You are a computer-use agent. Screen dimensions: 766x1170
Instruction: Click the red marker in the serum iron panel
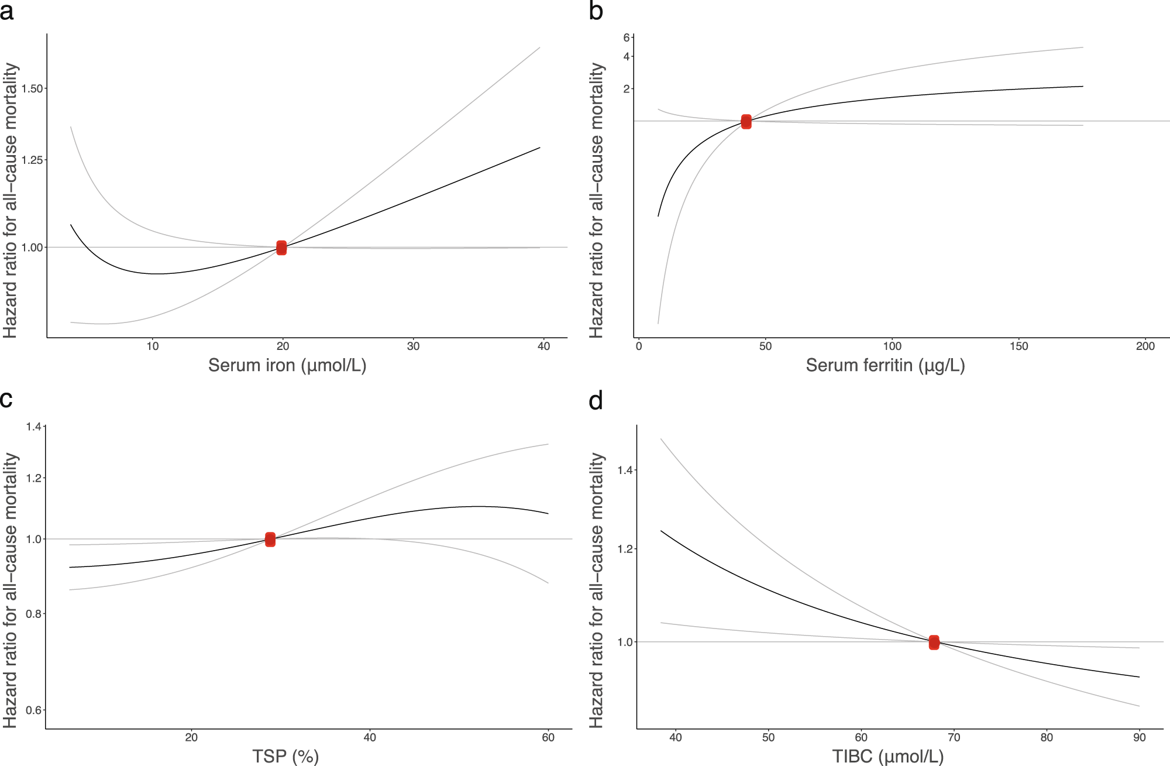click(281, 248)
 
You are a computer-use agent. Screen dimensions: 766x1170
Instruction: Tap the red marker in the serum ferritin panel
click(746, 122)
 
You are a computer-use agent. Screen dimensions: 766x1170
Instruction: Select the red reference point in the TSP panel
click(270, 539)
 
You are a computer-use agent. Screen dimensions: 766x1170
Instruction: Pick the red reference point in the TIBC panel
click(934, 642)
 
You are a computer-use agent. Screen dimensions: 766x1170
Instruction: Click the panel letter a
click(7, 12)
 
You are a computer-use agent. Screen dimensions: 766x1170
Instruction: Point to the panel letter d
click(596, 401)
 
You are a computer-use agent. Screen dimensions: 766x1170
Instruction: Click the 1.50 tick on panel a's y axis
click(32, 88)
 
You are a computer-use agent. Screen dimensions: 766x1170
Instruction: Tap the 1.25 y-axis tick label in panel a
click(32, 160)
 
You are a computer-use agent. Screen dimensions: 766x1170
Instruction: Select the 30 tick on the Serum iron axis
click(413, 346)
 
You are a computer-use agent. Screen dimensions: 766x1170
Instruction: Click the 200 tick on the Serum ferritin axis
click(1145, 346)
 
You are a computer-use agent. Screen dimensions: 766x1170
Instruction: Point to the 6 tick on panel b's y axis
click(627, 37)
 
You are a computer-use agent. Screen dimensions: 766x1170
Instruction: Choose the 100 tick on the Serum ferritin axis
click(892, 346)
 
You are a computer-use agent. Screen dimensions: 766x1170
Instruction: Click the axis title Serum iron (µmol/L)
click(287, 366)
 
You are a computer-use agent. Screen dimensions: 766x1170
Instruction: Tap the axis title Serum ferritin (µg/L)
click(885, 366)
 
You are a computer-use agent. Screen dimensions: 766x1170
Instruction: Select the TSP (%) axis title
click(285, 756)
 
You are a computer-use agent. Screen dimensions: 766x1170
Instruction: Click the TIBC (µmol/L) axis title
click(887, 756)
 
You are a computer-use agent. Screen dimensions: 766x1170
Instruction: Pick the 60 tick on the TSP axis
click(548, 737)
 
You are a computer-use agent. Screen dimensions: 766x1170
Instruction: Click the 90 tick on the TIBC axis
click(1139, 737)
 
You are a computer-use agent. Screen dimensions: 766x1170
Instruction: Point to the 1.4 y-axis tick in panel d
click(625, 470)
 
